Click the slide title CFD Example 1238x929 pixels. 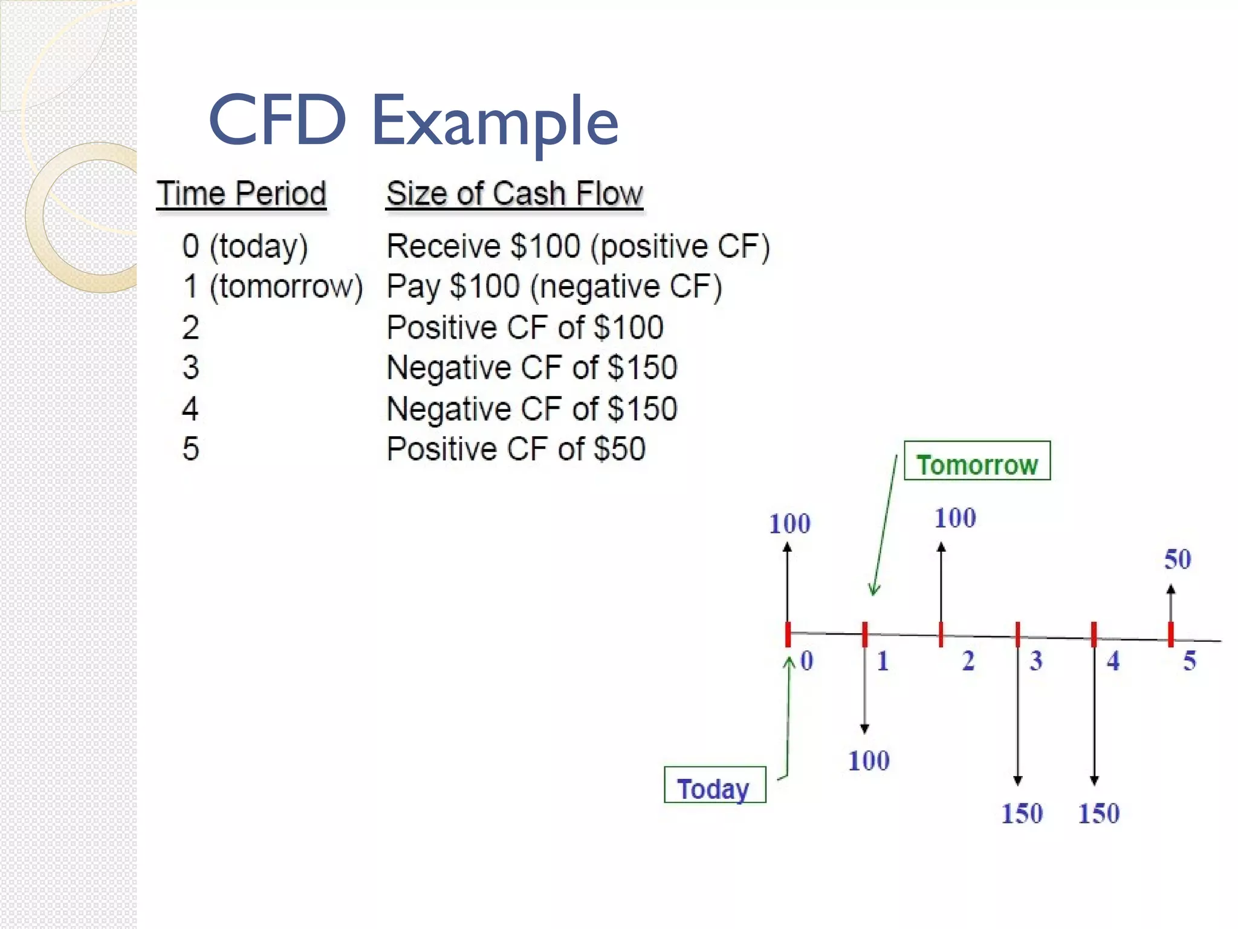[413, 121]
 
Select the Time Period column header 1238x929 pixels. [241, 194]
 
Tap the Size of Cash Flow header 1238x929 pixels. [514, 194]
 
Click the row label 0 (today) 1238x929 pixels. [245, 246]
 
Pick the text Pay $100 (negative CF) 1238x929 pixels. [554, 287]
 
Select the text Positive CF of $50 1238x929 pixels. [516, 449]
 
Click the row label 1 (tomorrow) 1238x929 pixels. [273, 287]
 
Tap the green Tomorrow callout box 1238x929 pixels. [977, 461]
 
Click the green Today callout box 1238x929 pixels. [715, 786]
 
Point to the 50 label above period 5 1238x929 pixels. [1178, 559]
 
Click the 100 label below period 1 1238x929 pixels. [869, 761]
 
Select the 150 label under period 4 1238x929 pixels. [1099, 813]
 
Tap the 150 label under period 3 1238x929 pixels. [1022, 813]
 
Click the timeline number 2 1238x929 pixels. [968, 661]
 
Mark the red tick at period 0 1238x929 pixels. [788, 634]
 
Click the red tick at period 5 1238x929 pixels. [1171, 634]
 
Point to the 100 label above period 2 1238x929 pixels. [955, 518]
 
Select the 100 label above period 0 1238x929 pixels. [789, 524]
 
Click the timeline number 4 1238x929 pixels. [1113, 661]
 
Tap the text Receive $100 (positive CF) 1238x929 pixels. [578, 246]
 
